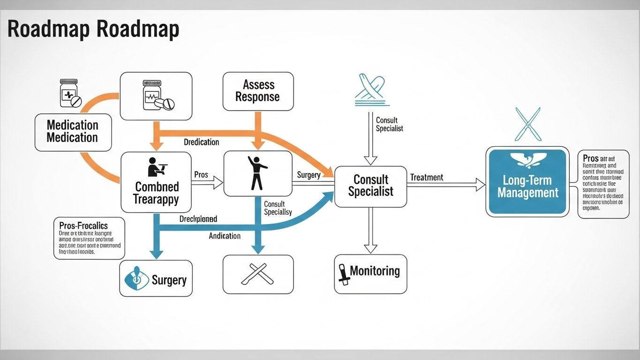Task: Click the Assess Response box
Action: click(258, 91)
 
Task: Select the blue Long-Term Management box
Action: click(527, 181)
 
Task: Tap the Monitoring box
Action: click(370, 274)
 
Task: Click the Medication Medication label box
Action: click(73, 131)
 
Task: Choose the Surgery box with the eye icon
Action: click(156, 278)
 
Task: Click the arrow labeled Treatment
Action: click(445, 185)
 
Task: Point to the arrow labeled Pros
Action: click(206, 182)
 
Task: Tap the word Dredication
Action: click(201, 142)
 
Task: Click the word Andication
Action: click(225, 236)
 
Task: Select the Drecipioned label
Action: click(198, 219)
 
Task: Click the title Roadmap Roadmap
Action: click(93, 29)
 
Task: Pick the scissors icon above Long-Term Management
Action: click(527, 124)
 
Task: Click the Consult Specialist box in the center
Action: click(370, 186)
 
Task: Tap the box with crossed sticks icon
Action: click(258, 274)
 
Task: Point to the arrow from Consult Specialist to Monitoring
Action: click(370, 230)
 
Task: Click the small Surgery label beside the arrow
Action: click(309, 175)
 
